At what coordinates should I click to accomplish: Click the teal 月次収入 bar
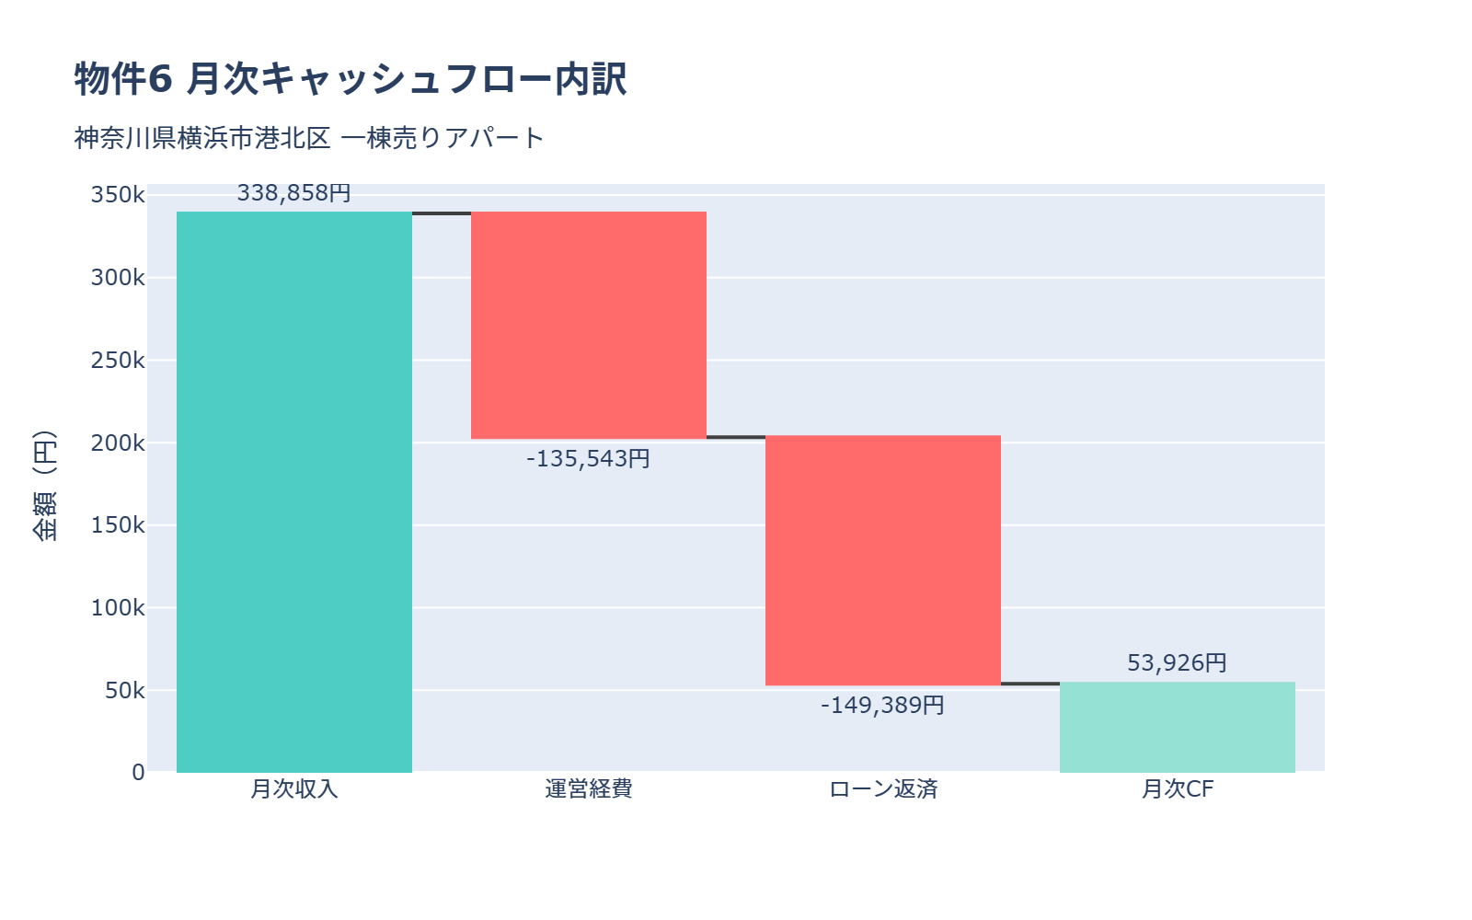point(294,492)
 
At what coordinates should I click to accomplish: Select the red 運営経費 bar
point(589,325)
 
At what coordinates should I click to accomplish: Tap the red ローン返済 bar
point(883,560)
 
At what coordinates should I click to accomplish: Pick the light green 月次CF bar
point(1178,727)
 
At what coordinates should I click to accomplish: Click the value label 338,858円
point(294,193)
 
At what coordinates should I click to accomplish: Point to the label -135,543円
point(589,458)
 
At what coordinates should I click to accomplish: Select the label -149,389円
point(883,706)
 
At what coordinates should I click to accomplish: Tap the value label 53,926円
point(1178,663)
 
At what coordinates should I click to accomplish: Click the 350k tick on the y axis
point(118,195)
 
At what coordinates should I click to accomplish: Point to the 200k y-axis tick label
point(118,443)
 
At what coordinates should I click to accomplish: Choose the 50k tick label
point(124,690)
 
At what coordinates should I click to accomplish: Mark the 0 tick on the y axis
point(138,773)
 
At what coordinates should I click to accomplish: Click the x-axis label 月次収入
point(294,789)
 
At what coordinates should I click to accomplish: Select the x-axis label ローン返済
point(883,789)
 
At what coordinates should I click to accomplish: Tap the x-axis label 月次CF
point(1178,789)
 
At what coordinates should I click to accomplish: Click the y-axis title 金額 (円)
point(44,485)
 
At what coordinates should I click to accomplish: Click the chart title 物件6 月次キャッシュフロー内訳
point(351,79)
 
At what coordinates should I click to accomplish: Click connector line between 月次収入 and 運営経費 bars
point(442,213)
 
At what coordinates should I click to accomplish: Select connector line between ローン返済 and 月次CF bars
point(1030,684)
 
